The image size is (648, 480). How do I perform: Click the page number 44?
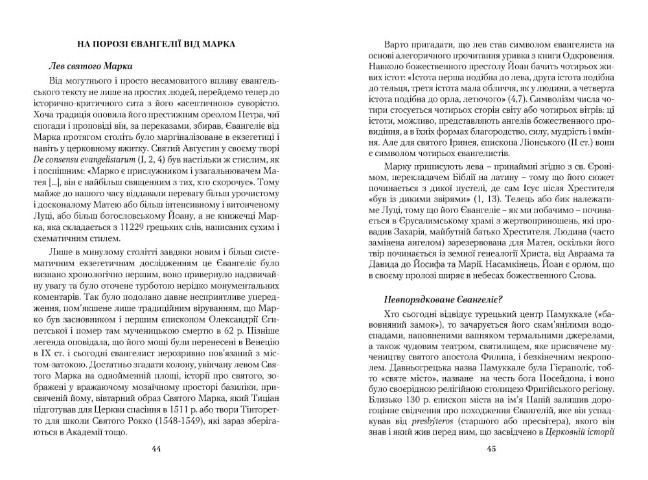coord(156,449)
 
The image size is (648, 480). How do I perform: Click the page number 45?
coord(491,449)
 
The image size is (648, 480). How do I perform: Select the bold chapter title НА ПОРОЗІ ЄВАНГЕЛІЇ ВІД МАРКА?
coord(156,44)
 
